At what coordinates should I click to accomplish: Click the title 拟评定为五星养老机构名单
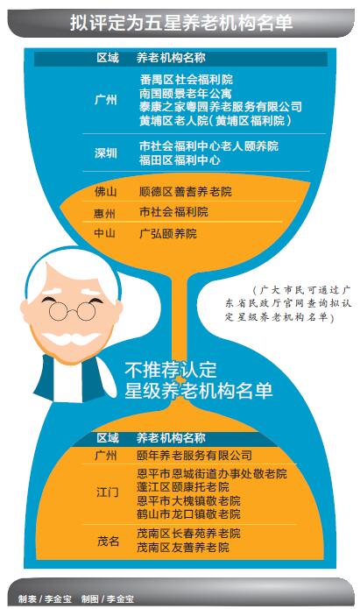(x=181, y=23)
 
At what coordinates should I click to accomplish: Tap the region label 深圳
(x=106, y=153)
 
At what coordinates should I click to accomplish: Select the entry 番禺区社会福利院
(x=187, y=80)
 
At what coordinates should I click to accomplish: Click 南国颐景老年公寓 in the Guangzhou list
(x=186, y=93)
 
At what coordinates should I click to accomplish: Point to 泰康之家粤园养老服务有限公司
(x=221, y=107)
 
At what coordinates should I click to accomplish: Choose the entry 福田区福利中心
(x=180, y=160)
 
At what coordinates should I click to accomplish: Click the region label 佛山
(x=106, y=192)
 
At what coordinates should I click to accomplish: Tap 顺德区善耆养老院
(x=186, y=192)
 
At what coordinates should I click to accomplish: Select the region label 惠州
(x=105, y=213)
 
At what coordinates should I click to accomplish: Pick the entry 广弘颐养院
(x=168, y=233)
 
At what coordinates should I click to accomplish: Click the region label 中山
(x=105, y=233)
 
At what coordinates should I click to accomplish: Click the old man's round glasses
(x=72, y=311)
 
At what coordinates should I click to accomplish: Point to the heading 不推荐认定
(x=171, y=370)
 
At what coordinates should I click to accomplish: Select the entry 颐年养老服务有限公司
(x=194, y=455)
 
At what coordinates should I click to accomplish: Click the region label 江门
(x=108, y=492)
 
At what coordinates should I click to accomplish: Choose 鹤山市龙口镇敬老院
(x=188, y=514)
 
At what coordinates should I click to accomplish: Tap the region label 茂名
(x=108, y=541)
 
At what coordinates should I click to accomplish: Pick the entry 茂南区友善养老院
(x=183, y=548)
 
